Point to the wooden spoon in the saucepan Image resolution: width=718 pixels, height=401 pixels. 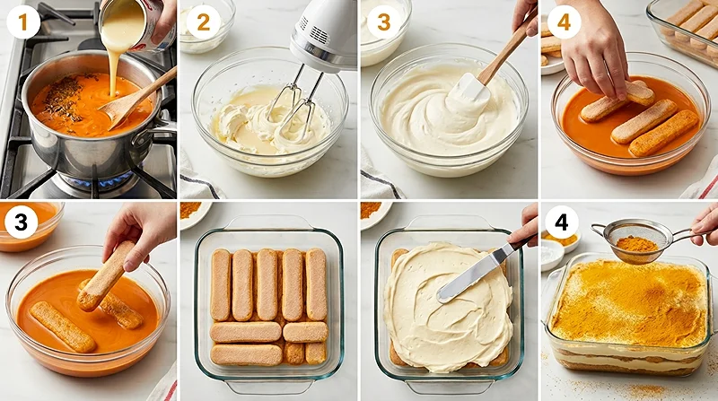coord(135,99)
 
